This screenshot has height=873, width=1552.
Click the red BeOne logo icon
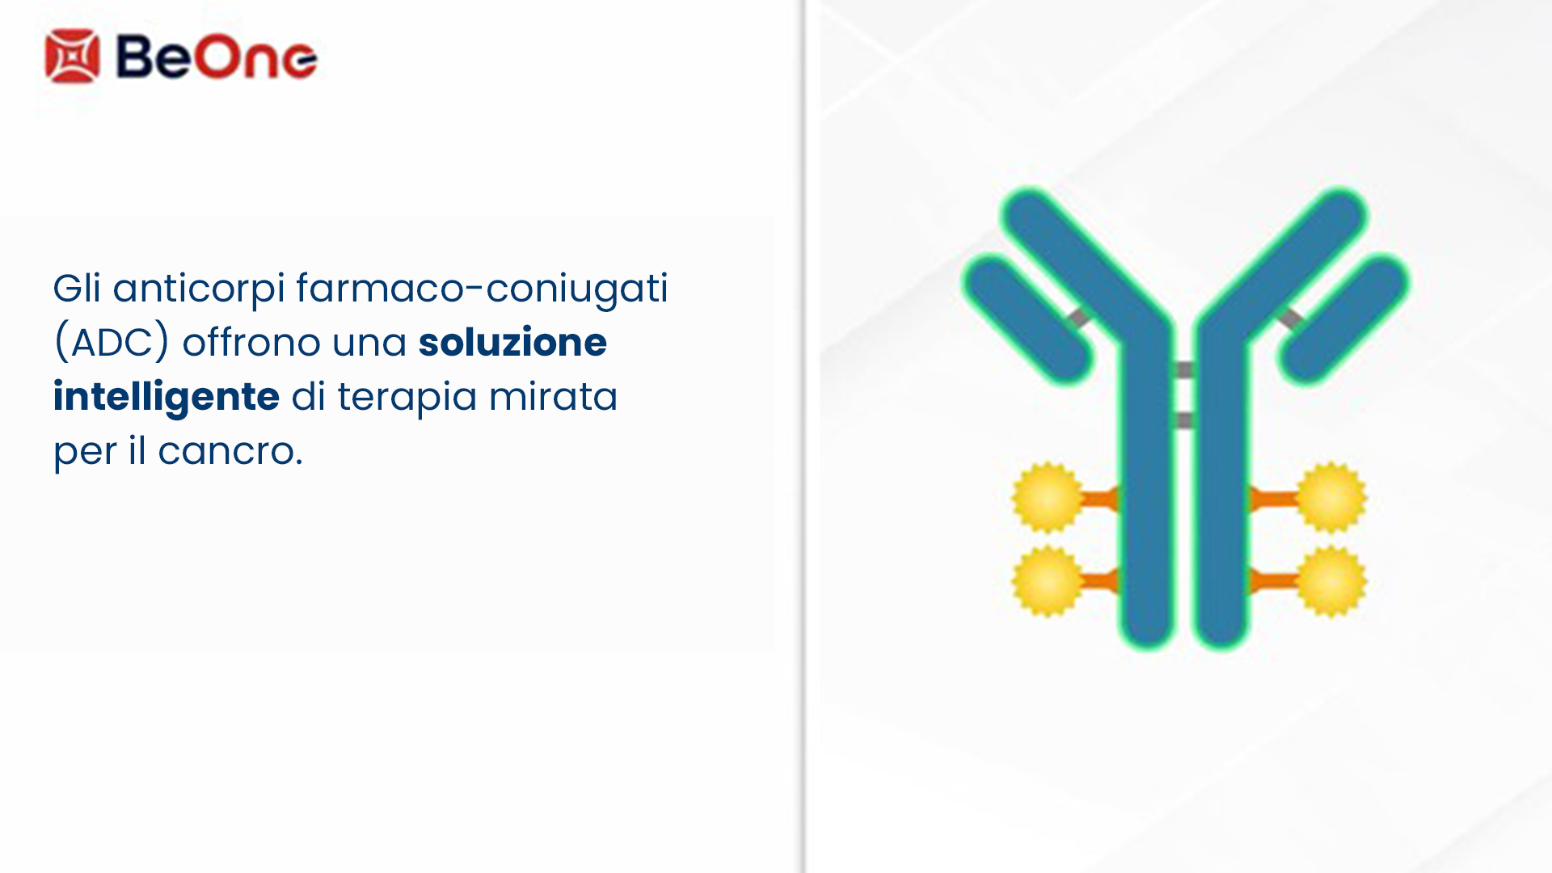coord(73,56)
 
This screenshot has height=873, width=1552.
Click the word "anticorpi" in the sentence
coord(199,289)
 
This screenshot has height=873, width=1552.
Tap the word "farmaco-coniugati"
coord(482,289)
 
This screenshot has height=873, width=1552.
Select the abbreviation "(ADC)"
coord(112,343)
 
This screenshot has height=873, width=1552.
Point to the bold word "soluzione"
coord(512,342)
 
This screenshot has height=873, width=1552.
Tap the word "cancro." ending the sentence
coord(230,451)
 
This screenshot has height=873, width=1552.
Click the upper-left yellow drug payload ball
coord(1048,497)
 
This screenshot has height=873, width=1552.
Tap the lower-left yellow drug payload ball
coord(1048,581)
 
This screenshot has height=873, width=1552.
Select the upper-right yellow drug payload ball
coord(1331,497)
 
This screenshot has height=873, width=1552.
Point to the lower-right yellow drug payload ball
coord(1331,581)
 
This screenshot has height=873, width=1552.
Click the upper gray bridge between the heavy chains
coord(1183,370)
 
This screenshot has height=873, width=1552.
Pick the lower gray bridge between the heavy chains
coord(1183,420)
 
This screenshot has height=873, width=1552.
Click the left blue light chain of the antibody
coord(1027,318)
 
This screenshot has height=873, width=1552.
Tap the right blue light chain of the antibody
coord(1344,318)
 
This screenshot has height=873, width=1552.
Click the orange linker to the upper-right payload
coord(1273,499)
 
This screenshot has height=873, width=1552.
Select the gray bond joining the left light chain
coord(1078,318)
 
